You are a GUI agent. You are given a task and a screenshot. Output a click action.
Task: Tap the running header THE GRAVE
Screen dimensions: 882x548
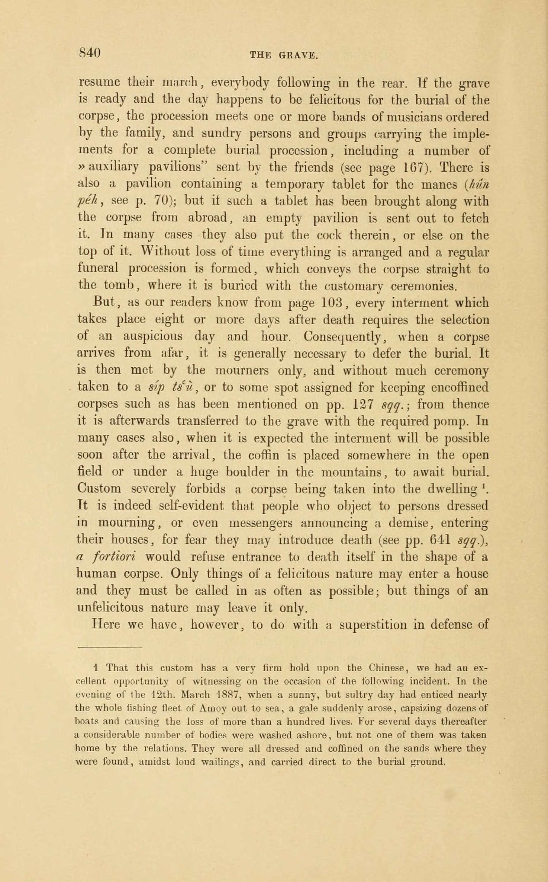pos(284,56)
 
